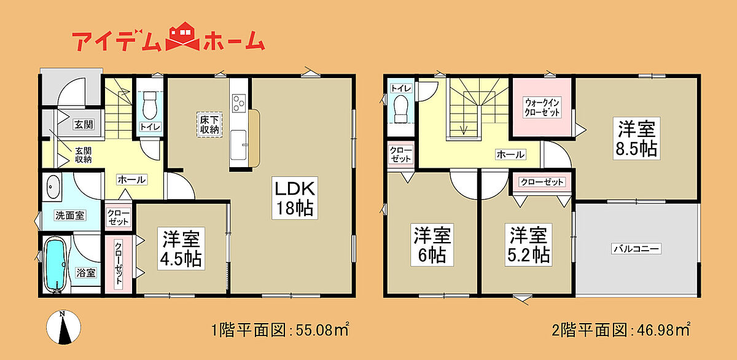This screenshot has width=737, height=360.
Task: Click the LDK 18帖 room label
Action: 295,198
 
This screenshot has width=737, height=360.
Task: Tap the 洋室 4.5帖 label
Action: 181,248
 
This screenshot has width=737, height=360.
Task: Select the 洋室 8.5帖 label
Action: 637,139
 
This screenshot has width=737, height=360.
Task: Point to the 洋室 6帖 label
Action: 432,245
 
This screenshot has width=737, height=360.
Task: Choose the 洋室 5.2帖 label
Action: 529,245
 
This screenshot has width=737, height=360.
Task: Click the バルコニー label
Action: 636,248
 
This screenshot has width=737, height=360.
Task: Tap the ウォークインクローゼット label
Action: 542,108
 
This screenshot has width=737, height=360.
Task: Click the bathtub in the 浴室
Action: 55,265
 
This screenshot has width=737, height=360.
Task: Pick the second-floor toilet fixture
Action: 400,109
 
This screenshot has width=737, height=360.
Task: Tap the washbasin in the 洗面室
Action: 52,187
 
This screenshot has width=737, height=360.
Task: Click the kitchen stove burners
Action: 239,103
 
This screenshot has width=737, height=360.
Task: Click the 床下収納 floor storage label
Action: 209,124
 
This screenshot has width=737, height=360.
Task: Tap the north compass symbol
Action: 63,327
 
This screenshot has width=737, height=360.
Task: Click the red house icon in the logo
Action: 182,36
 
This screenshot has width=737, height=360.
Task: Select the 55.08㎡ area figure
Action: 322,330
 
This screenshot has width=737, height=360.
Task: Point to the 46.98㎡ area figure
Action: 664,330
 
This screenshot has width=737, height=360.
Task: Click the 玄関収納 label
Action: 84,155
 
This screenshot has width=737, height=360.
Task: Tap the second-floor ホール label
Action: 510,154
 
